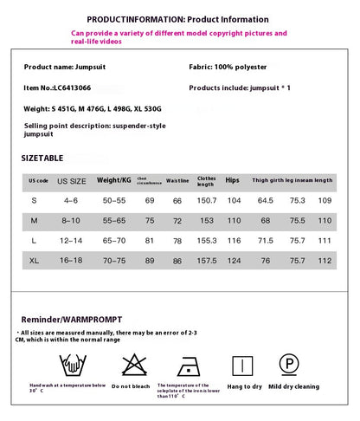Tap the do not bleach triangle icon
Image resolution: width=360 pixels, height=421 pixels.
(x=132, y=364)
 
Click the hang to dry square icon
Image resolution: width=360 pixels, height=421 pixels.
(x=245, y=364)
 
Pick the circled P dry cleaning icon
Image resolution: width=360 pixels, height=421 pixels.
(x=288, y=363)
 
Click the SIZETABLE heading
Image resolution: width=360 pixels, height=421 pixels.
(x=42, y=158)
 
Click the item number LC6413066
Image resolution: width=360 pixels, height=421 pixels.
(x=61, y=87)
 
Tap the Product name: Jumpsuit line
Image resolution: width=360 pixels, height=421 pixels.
(x=61, y=66)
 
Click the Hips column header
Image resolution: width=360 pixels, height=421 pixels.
(x=232, y=181)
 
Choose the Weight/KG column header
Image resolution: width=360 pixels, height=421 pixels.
(x=114, y=181)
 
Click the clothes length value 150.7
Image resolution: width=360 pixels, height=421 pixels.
(x=207, y=200)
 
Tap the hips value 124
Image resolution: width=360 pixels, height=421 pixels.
(x=234, y=259)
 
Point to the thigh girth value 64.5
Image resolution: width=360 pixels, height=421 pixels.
(x=266, y=200)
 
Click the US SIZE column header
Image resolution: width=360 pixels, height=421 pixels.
(x=72, y=181)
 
